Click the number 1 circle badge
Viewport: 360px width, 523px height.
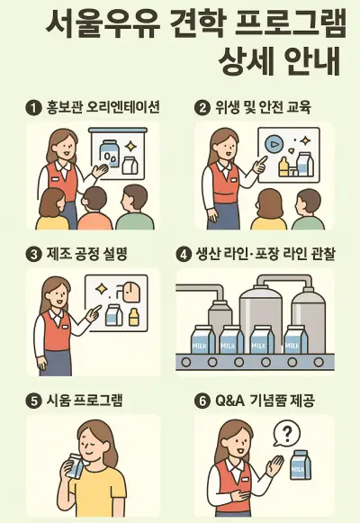(x=33, y=108)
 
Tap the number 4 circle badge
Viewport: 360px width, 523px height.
(x=184, y=255)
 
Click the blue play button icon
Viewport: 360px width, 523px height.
(x=274, y=144)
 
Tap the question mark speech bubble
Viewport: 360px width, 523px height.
(x=287, y=434)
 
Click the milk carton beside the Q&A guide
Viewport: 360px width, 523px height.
(x=300, y=464)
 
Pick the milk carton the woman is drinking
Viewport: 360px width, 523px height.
(x=75, y=465)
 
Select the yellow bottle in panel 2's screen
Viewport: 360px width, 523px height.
(x=283, y=167)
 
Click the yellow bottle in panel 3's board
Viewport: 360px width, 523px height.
(x=133, y=317)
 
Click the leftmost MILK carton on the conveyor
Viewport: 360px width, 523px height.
(x=201, y=339)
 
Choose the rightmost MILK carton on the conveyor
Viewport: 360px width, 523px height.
(x=296, y=339)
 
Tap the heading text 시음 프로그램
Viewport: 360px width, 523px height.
(x=85, y=401)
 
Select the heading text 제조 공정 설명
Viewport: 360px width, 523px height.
(x=86, y=255)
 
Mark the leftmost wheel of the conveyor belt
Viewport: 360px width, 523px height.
(x=186, y=362)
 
